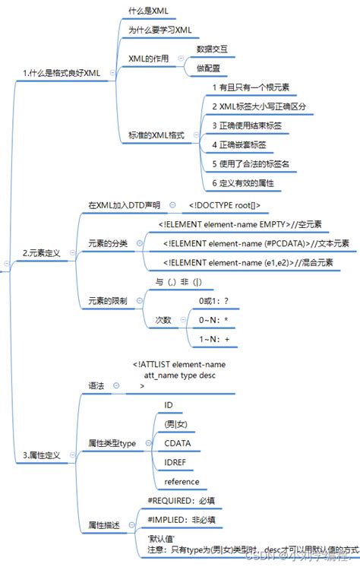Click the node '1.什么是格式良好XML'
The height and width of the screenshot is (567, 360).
(x=61, y=72)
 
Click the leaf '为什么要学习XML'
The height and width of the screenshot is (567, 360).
(x=159, y=30)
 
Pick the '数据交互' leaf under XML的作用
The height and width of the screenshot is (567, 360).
(x=211, y=49)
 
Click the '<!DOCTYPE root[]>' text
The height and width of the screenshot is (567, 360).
(x=224, y=205)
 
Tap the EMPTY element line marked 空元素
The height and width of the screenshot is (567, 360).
(x=240, y=224)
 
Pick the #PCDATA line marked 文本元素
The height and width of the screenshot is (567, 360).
(x=254, y=243)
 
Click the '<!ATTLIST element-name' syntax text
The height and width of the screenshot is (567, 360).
(x=178, y=364)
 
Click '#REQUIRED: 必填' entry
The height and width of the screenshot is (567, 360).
(x=181, y=500)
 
